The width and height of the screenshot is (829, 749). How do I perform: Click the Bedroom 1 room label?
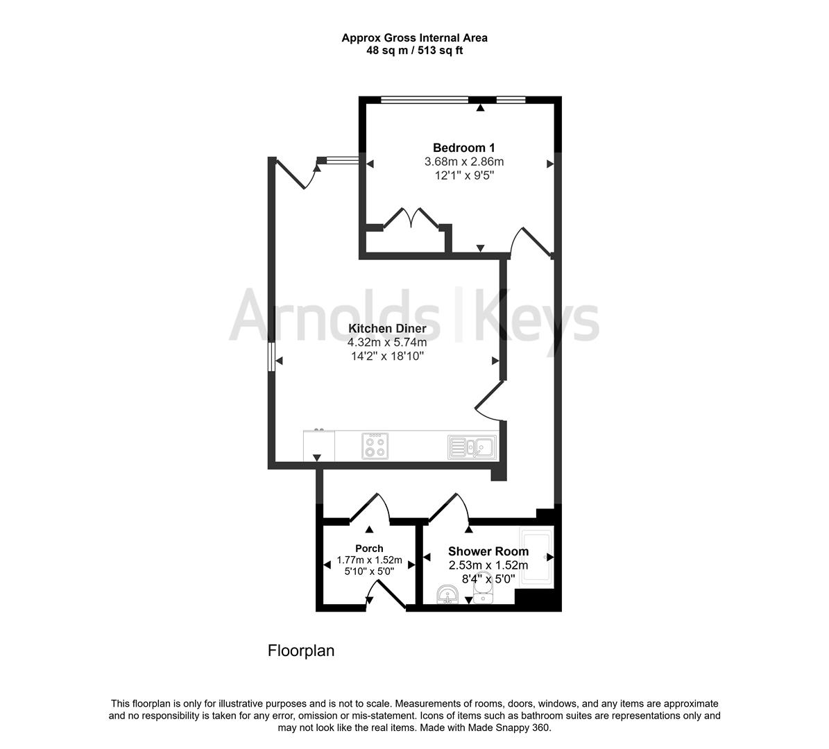click(463, 148)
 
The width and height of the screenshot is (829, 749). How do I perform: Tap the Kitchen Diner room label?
click(386, 329)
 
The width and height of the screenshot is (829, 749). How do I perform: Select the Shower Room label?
click(488, 551)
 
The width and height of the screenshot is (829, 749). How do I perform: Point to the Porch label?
click(369, 548)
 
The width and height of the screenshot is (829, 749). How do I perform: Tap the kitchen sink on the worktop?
click(471, 447)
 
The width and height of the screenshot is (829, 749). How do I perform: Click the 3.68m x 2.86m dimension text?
click(463, 162)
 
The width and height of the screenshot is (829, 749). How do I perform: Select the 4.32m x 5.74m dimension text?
click(386, 342)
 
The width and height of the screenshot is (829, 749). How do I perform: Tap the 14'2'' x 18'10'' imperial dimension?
click(386, 356)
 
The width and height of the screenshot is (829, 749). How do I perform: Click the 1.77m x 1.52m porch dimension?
click(369, 560)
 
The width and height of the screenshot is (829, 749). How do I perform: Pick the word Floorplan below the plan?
click(301, 651)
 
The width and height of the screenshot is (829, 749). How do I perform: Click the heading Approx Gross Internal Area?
click(414, 38)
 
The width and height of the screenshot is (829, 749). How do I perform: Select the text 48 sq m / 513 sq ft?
click(414, 51)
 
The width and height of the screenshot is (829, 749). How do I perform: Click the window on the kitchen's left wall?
click(272, 356)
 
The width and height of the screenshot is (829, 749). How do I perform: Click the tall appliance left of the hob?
click(318, 445)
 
